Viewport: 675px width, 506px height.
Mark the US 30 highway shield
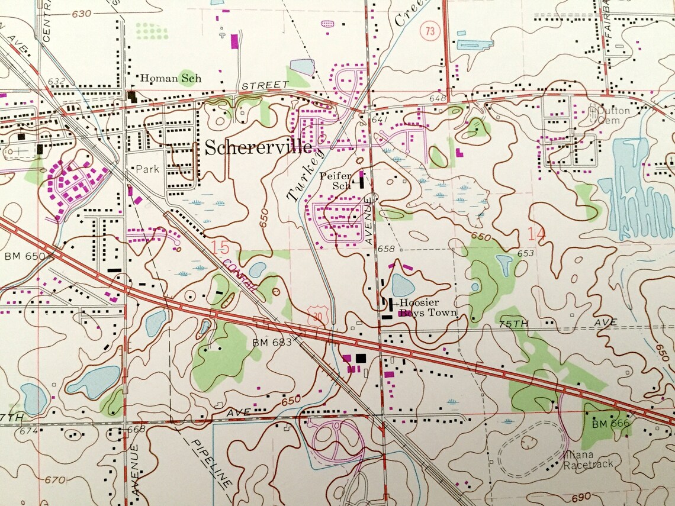[318, 318]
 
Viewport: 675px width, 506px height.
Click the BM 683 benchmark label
[272, 342]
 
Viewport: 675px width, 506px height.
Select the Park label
[147, 169]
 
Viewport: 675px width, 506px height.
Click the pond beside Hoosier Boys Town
[403, 285]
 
